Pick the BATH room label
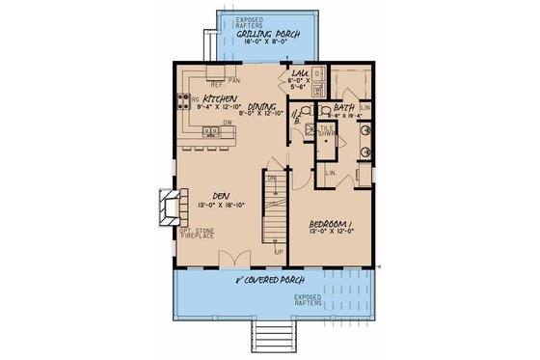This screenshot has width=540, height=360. (344, 108)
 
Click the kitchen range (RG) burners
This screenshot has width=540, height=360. (182, 99)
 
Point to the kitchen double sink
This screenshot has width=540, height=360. (203, 75)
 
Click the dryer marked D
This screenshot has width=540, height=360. (317, 74)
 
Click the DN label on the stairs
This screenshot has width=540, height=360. (272, 178)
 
